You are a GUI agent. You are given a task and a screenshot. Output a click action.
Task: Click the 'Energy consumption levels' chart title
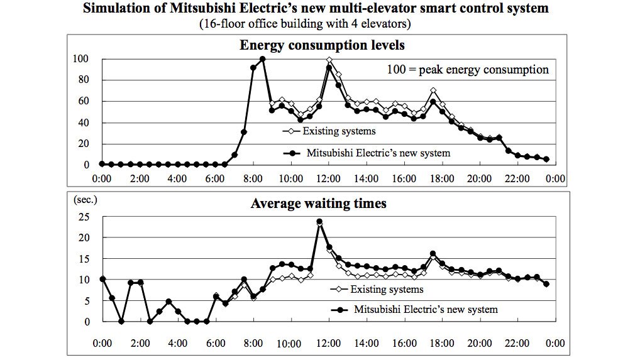point(321,45)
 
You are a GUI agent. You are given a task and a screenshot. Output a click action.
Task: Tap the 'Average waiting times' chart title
point(319,203)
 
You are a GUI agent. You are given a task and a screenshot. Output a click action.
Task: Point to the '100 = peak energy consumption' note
point(467,69)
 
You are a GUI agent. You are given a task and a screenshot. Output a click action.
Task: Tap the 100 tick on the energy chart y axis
point(82,59)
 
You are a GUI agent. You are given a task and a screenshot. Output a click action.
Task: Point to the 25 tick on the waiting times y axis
point(84,217)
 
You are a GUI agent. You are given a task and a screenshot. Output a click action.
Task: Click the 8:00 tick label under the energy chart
point(252,178)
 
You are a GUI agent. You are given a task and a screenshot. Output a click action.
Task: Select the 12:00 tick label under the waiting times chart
point(328,344)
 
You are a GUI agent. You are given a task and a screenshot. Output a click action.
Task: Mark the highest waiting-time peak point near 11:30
point(319,222)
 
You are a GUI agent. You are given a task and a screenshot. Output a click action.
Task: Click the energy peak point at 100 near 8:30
point(262,59)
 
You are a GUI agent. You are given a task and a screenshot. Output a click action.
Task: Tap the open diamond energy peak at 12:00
point(329,60)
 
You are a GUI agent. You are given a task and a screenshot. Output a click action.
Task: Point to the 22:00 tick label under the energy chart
point(517,178)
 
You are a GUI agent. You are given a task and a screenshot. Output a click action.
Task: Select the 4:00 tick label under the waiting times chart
point(177,344)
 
